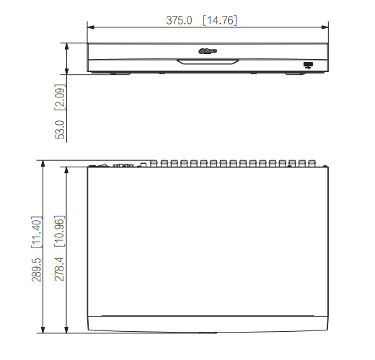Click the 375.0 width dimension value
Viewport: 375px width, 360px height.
coord(179,20)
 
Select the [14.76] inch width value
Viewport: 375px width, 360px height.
coord(219,20)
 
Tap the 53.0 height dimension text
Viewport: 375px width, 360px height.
coord(61,128)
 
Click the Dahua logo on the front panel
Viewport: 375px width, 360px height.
coord(207,51)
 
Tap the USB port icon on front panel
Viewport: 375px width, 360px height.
coord(309,66)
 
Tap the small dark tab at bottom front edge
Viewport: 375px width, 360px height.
coord(206,333)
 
